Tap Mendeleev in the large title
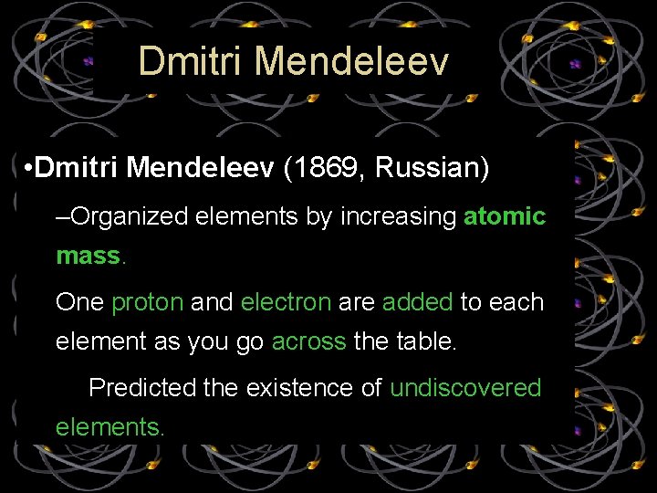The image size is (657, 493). point(352,61)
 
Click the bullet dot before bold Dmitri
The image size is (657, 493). point(30,169)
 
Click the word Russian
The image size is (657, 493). point(432,169)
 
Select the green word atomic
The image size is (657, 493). point(505,216)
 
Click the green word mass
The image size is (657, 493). point(88,256)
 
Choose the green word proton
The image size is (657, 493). point(147,302)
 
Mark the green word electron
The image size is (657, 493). point(286,302)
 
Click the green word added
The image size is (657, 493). point(417,302)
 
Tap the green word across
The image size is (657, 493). point(308,341)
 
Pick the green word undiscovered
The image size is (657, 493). point(465,388)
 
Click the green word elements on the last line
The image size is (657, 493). point(109,426)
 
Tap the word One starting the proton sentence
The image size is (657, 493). point(79,302)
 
